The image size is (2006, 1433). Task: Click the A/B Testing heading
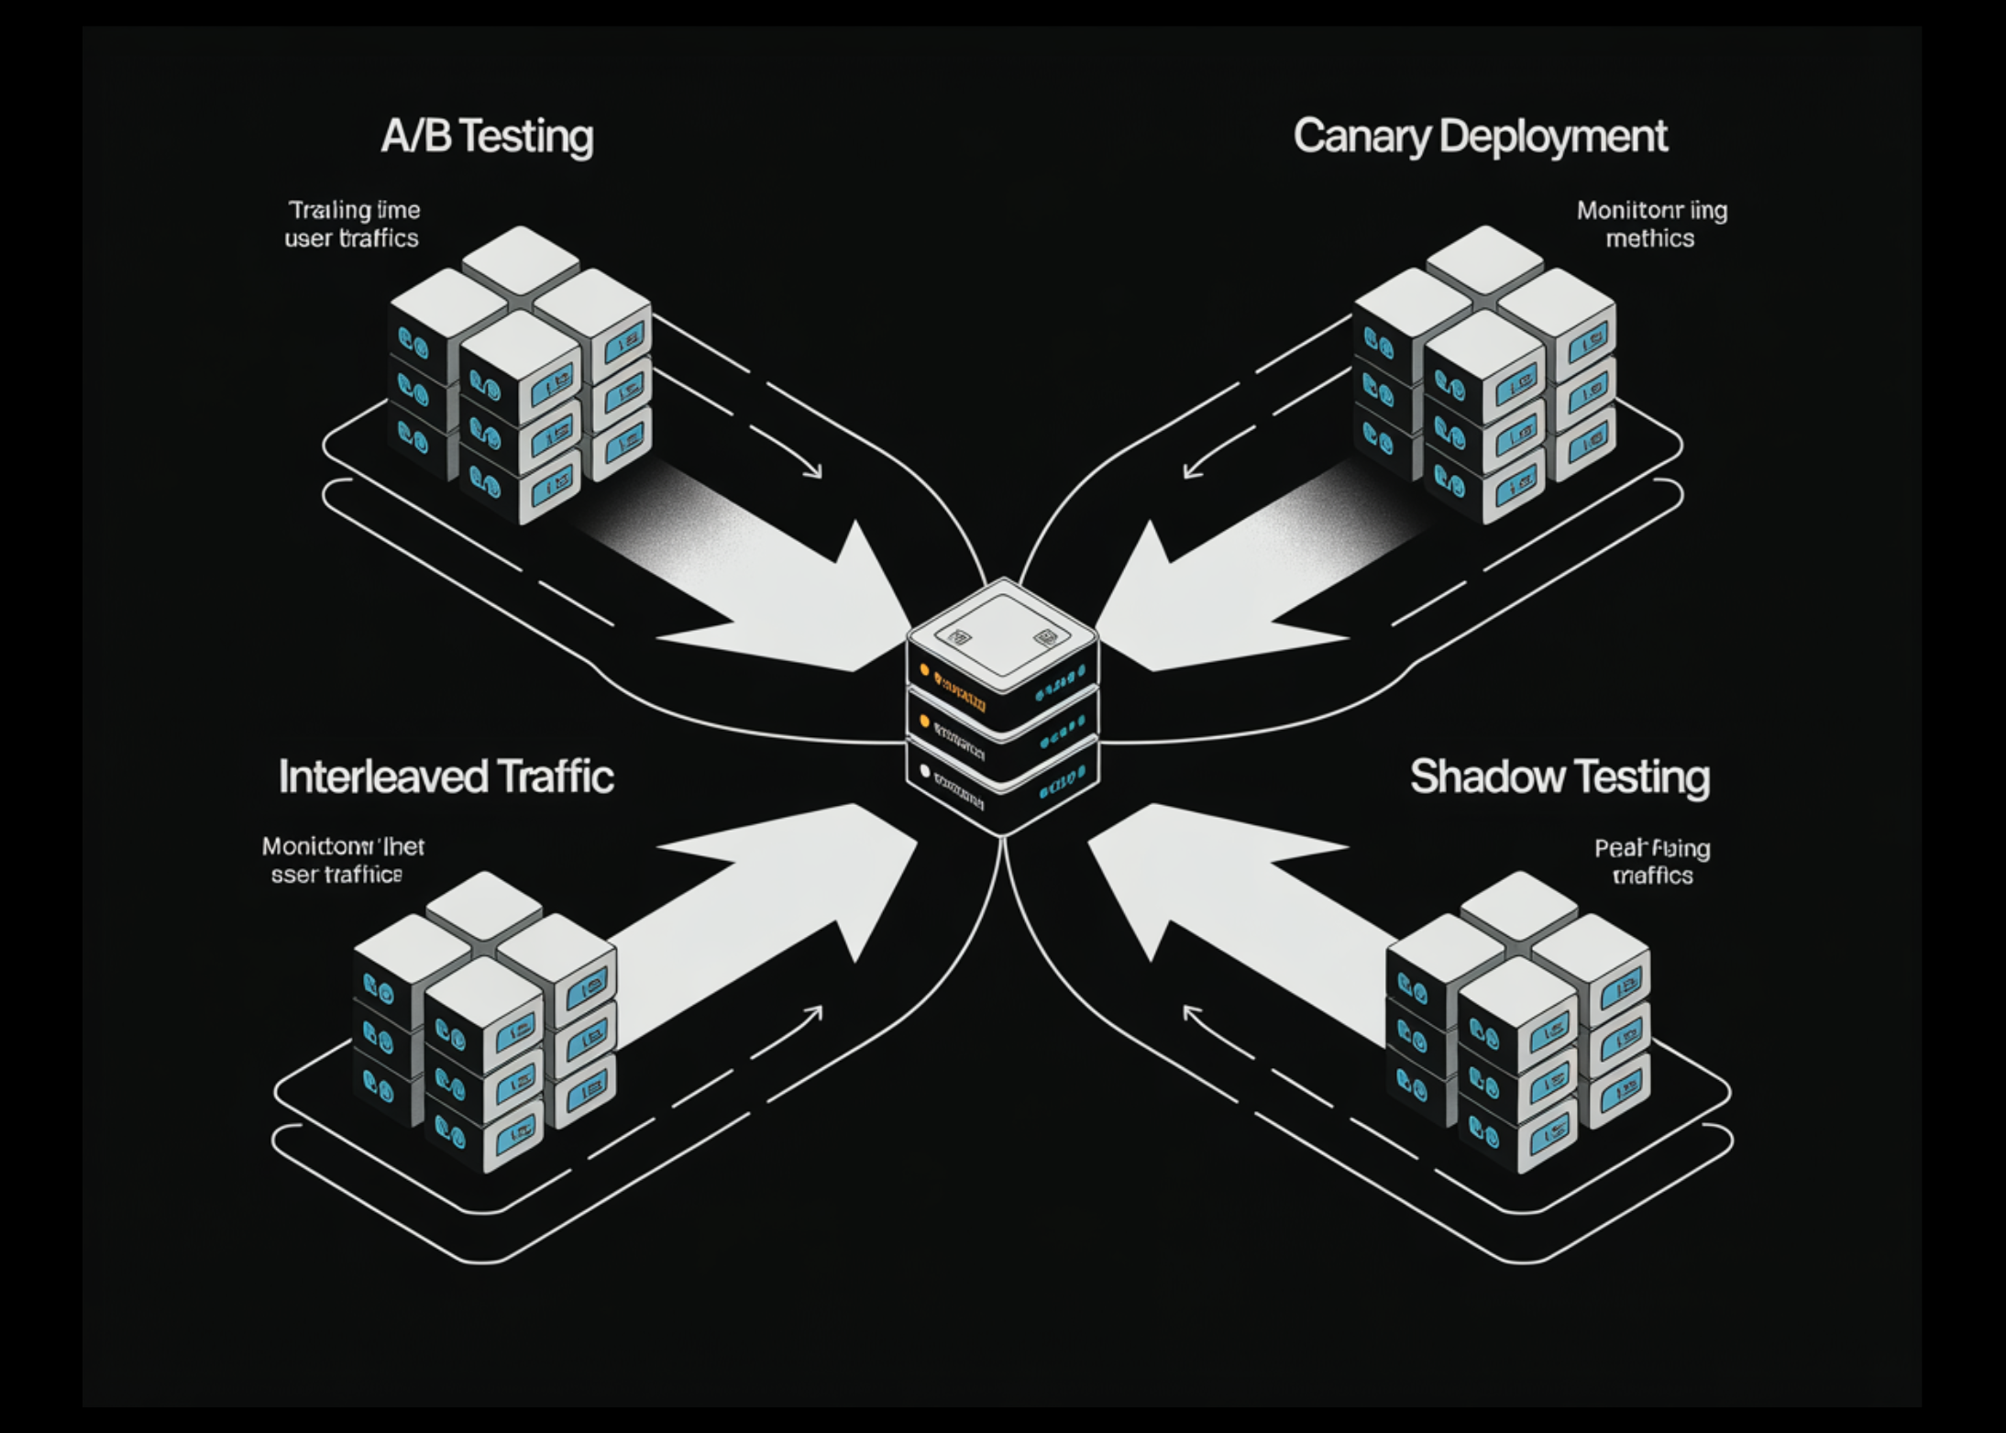487,137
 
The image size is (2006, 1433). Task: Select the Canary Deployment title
1480,137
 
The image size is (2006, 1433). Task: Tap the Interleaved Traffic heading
446,777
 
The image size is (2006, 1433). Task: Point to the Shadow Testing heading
1560,777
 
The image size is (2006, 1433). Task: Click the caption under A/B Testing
353,224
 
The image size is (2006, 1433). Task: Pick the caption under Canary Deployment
1651,224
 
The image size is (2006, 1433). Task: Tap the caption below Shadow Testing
1652,862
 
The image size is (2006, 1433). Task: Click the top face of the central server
1002,631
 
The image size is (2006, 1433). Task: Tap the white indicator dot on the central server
924,771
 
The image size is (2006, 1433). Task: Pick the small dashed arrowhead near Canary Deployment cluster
1191,471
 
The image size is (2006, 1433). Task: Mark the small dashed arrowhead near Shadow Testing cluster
1191,1012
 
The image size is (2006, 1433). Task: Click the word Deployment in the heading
1553,137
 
